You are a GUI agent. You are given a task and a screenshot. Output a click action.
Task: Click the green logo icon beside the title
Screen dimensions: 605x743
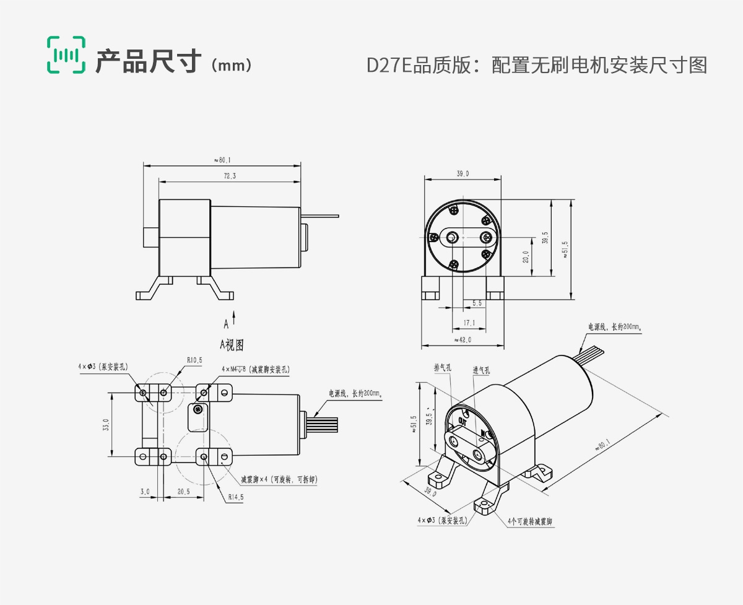point(65,55)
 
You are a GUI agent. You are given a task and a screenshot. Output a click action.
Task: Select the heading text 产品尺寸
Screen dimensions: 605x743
point(149,62)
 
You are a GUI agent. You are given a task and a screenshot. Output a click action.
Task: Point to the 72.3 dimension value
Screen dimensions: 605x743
point(229,176)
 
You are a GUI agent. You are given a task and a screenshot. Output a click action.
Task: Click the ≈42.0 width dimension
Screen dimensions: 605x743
point(463,339)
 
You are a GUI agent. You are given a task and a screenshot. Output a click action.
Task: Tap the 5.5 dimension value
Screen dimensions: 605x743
point(477,303)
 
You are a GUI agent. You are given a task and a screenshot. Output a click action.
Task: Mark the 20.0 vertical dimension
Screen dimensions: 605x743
point(526,256)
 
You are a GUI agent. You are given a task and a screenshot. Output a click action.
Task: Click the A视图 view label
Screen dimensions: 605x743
point(232,344)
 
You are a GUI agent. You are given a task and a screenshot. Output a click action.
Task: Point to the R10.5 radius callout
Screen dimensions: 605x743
point(194,360)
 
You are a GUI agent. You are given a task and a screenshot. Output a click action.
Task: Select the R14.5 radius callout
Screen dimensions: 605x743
point(236,496)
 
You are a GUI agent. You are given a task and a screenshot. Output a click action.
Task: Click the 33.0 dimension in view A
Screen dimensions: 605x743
point(106,425)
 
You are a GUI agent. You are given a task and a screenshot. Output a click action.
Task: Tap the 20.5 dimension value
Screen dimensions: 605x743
point(183,491)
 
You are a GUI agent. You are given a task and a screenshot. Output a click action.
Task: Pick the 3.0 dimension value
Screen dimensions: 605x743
point(145,491)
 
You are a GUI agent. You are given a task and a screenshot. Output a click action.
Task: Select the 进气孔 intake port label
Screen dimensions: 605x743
point(481,370)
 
